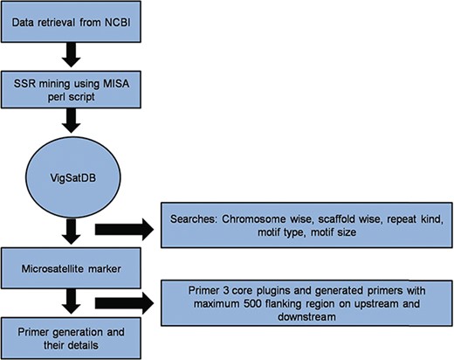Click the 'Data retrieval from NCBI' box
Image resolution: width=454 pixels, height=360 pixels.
pos(67,20)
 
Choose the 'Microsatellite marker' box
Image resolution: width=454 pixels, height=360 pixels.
pos(67,263)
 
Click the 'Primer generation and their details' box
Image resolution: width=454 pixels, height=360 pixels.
pos(67,336)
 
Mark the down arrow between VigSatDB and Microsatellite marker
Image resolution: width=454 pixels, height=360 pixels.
pos(68,229)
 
